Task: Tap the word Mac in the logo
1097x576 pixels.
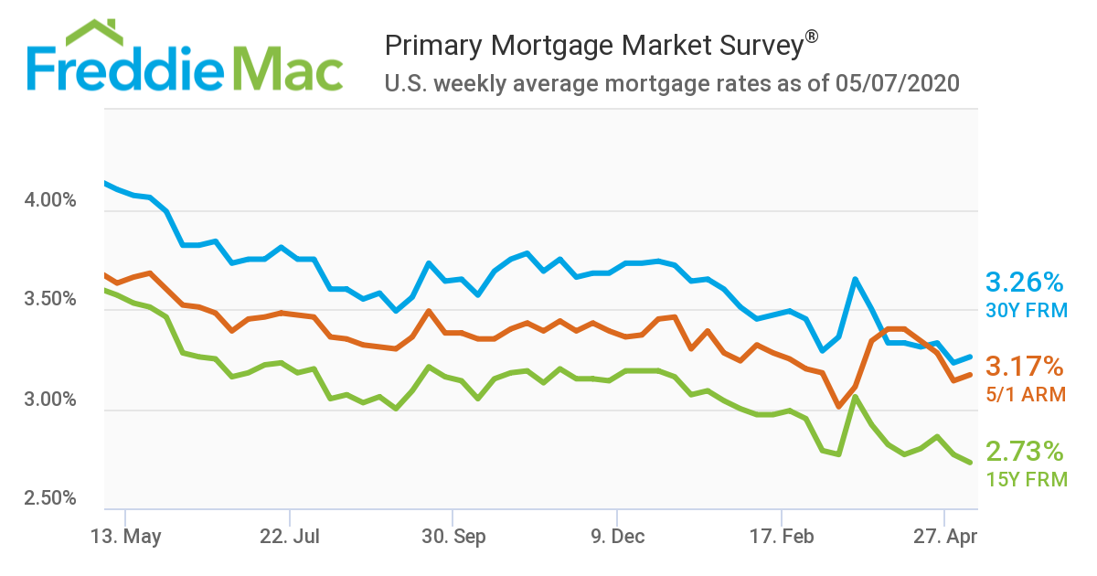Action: click(287, 68)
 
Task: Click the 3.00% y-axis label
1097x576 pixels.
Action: click(49, 400)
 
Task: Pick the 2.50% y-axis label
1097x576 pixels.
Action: click(49, 499)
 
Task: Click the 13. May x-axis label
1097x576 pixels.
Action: click(127, 537)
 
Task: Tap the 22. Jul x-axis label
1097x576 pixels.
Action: click(290, 537)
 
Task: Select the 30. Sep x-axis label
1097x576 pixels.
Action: click(453, 537)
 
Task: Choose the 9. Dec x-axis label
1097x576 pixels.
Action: click(617, 537)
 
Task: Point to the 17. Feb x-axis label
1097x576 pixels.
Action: click(781, 537)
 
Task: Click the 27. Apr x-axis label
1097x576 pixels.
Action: click(944, 537)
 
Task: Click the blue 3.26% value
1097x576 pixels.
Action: click(1025, 282)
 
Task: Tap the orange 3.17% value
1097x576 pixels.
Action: click(1025, 368)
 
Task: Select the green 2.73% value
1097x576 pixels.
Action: click(1025, 452)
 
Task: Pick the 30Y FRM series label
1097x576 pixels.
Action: click(1026, 310)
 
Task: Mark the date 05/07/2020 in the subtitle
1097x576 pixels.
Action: click(897, 84)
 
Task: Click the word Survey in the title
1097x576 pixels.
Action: click(757, 45)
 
